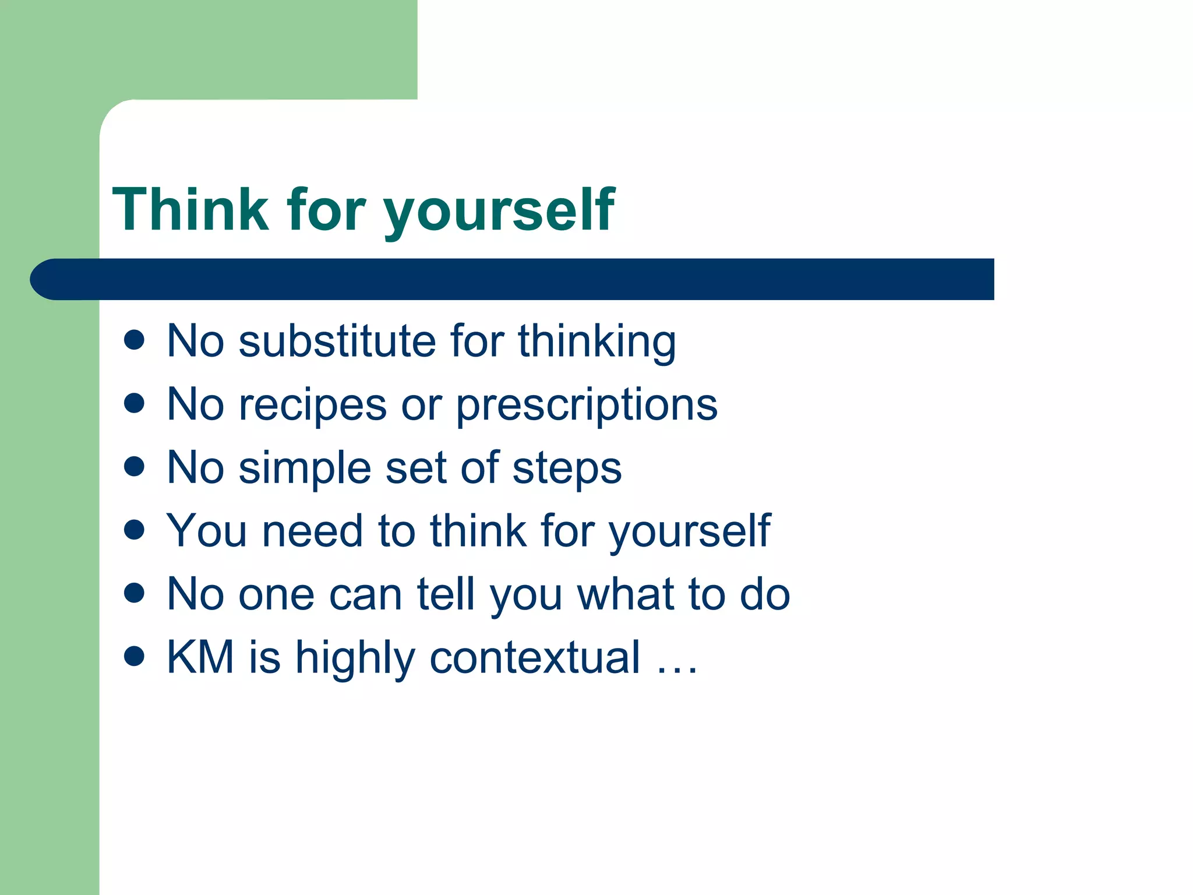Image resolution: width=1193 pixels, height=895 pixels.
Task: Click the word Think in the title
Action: pos(190,210)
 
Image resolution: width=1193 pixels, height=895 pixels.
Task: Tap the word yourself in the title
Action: pos(499,211)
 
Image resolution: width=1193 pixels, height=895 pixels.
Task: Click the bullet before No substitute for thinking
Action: pos(134,340)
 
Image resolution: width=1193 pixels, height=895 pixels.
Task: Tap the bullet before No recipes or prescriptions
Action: pos(134,403)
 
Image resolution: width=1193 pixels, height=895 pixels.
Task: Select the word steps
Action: pos(567,470)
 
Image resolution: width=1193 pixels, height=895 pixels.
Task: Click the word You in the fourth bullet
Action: pos(207,531)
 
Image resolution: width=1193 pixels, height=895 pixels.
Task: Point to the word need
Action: pos(313,531)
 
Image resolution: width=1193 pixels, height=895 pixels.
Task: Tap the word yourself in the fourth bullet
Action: pos(690,533)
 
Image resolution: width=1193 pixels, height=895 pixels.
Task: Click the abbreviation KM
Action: pos(200,657)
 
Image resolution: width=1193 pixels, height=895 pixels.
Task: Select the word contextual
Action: pos(535,658)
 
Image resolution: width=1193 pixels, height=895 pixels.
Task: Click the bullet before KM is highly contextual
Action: pos(134,656)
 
